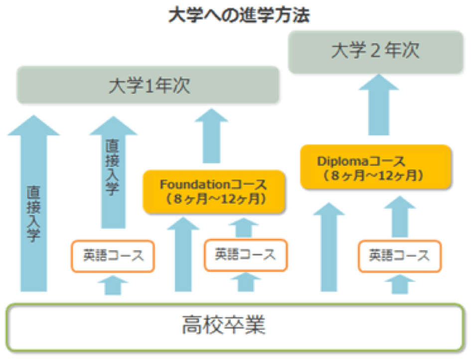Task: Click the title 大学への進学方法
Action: click(239, 15)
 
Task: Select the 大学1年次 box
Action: click(148, 85)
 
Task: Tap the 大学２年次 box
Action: click(375, 51)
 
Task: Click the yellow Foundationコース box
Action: click(214, 192)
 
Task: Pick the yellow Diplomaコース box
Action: click(376, 167)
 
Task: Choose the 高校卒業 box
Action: click(235, 327)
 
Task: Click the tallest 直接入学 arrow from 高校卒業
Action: click(34, 203)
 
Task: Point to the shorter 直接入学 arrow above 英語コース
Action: click(113, 172)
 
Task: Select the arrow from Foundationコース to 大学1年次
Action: click(211, 136)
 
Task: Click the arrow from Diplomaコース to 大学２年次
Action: click(379, 105)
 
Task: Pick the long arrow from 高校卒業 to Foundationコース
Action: click(183, 254)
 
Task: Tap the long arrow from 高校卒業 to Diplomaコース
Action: click(329, 247)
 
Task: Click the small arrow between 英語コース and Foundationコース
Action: click(244, 228)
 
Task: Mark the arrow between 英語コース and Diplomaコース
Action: click(400, 217)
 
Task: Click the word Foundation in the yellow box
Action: click(195, 184)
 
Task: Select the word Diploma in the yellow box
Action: click(343, 161)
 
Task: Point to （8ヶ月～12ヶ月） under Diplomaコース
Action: click(373, 175)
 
